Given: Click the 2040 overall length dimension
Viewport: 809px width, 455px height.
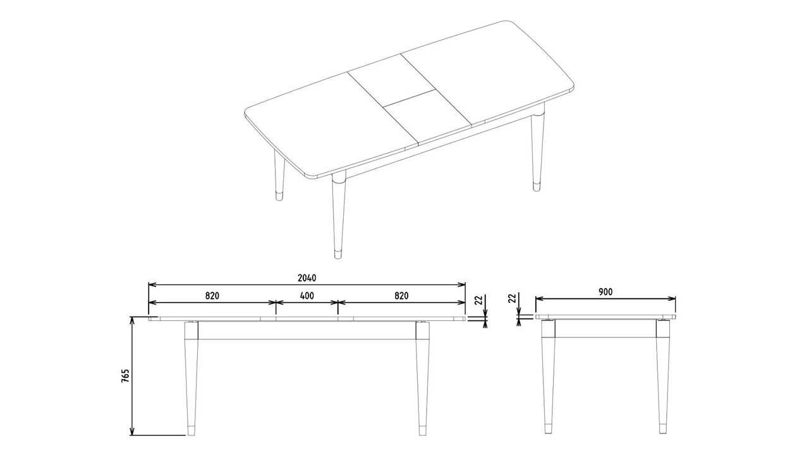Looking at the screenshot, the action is (x=307, y=277).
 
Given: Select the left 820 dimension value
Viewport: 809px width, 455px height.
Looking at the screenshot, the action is (x=212, y=296).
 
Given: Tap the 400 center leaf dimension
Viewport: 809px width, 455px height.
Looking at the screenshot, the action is (x=307, y=296).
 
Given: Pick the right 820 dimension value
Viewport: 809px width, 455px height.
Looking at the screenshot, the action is (x=401, y=296).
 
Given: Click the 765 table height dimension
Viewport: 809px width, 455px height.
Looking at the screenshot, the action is (x=125, y=376).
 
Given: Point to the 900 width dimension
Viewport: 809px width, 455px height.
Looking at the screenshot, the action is (x=605, y=292).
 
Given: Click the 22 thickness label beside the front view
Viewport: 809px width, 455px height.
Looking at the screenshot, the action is (x=478, y=300).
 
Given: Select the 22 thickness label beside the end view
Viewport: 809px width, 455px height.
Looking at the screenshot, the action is (x=512, y=298).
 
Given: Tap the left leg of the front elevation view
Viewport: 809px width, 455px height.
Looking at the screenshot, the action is (x=192, y=379).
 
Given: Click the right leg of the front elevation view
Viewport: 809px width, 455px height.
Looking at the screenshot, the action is (x=423, y=379).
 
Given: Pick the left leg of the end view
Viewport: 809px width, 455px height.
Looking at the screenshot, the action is (x=548, y=376).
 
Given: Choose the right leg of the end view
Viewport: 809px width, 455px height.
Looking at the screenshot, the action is (x=663, y=376).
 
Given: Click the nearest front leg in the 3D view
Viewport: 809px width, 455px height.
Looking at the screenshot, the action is (x=339, y=215).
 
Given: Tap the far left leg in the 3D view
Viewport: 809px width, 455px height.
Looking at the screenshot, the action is (x=279, y=176).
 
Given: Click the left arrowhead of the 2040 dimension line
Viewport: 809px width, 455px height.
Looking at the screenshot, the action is (x=152, y=284).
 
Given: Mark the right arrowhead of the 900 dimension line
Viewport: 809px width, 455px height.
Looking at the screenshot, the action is (x=672, y=299).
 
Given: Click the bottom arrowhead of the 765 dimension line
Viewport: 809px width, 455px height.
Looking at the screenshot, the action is (x=132, y=432).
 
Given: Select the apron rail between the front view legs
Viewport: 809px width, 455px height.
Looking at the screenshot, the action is (x=307, y=330).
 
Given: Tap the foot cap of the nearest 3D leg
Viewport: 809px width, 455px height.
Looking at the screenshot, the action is (x=338, y=255).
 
